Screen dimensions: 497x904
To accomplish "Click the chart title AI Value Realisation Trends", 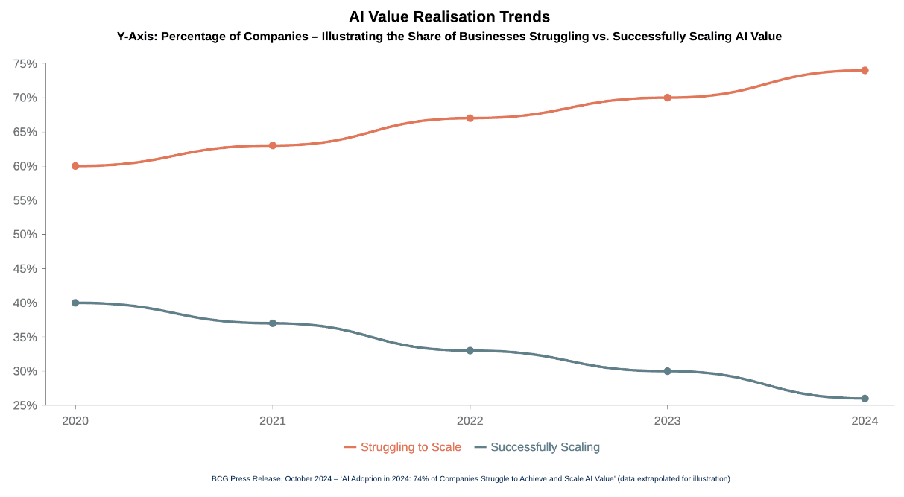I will (449, 16).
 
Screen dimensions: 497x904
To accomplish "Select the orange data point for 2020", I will (75, 166).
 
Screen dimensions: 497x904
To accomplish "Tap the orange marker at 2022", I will (470, 118).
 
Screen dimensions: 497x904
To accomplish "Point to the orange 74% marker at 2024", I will (865, 71).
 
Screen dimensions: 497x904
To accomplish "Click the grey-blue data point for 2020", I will (75, 303).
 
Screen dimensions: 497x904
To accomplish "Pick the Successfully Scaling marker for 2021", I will (273, 323).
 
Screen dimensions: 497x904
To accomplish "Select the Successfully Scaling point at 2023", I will (667, 371).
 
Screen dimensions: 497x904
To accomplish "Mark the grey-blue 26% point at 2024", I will (865, 399).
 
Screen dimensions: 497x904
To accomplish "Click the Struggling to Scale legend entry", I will (403, 447).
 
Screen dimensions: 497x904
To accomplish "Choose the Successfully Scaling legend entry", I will (537, 447).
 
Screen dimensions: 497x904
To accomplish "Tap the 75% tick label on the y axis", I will (25, 64).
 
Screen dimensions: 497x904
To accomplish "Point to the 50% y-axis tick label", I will (25, 235).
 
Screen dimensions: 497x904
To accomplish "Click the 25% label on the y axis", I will (25, 405).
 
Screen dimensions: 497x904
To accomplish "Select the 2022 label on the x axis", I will (470, 421).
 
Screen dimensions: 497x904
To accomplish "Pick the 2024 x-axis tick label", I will (865, 421).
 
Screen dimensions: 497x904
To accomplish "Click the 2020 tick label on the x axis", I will (75, 421).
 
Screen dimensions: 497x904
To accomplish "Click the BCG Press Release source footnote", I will (471, 478).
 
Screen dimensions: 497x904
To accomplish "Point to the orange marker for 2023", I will (667, 98).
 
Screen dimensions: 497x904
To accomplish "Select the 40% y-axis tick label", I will (25, 303).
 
